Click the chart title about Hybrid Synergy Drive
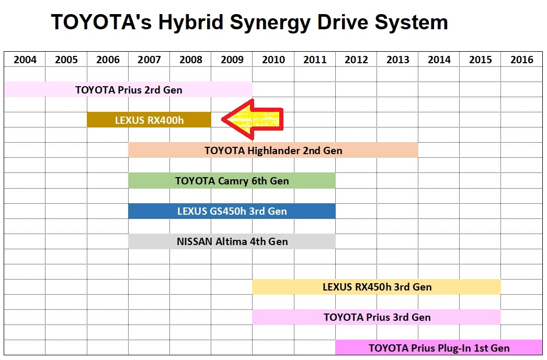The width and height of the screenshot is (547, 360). pos(249,22)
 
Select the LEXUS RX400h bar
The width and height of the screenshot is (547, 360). pos(149,120)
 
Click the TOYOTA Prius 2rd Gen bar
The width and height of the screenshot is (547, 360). pos(128,89)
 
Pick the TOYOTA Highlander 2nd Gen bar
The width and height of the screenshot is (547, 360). pos(273,150)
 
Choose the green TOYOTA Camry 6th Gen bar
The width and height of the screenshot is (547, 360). pos(232,181)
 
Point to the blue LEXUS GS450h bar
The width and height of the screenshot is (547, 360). pos(232,211)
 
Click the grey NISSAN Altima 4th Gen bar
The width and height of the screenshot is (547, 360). pos(232,241)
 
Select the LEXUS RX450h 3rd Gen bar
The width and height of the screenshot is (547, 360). pos(377,287)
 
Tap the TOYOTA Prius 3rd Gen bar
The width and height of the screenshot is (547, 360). pos(377,317)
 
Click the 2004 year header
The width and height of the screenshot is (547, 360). pos(25,60)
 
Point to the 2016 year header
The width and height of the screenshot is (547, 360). pos(521,60)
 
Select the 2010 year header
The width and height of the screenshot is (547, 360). pos(273,60)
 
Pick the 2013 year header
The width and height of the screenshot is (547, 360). pos(397,60)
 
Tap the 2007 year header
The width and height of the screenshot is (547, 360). pos(149,60)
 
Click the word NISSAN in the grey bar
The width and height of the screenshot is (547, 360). pos(195,242)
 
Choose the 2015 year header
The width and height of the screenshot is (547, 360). pos(480,60)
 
